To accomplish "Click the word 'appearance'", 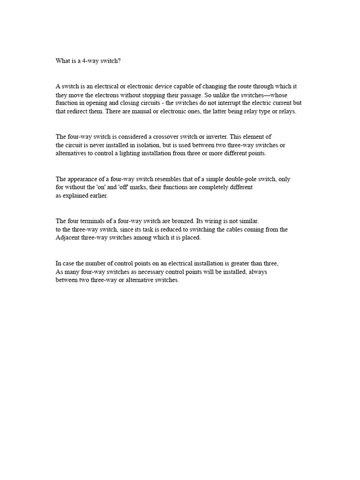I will point(82,179).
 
